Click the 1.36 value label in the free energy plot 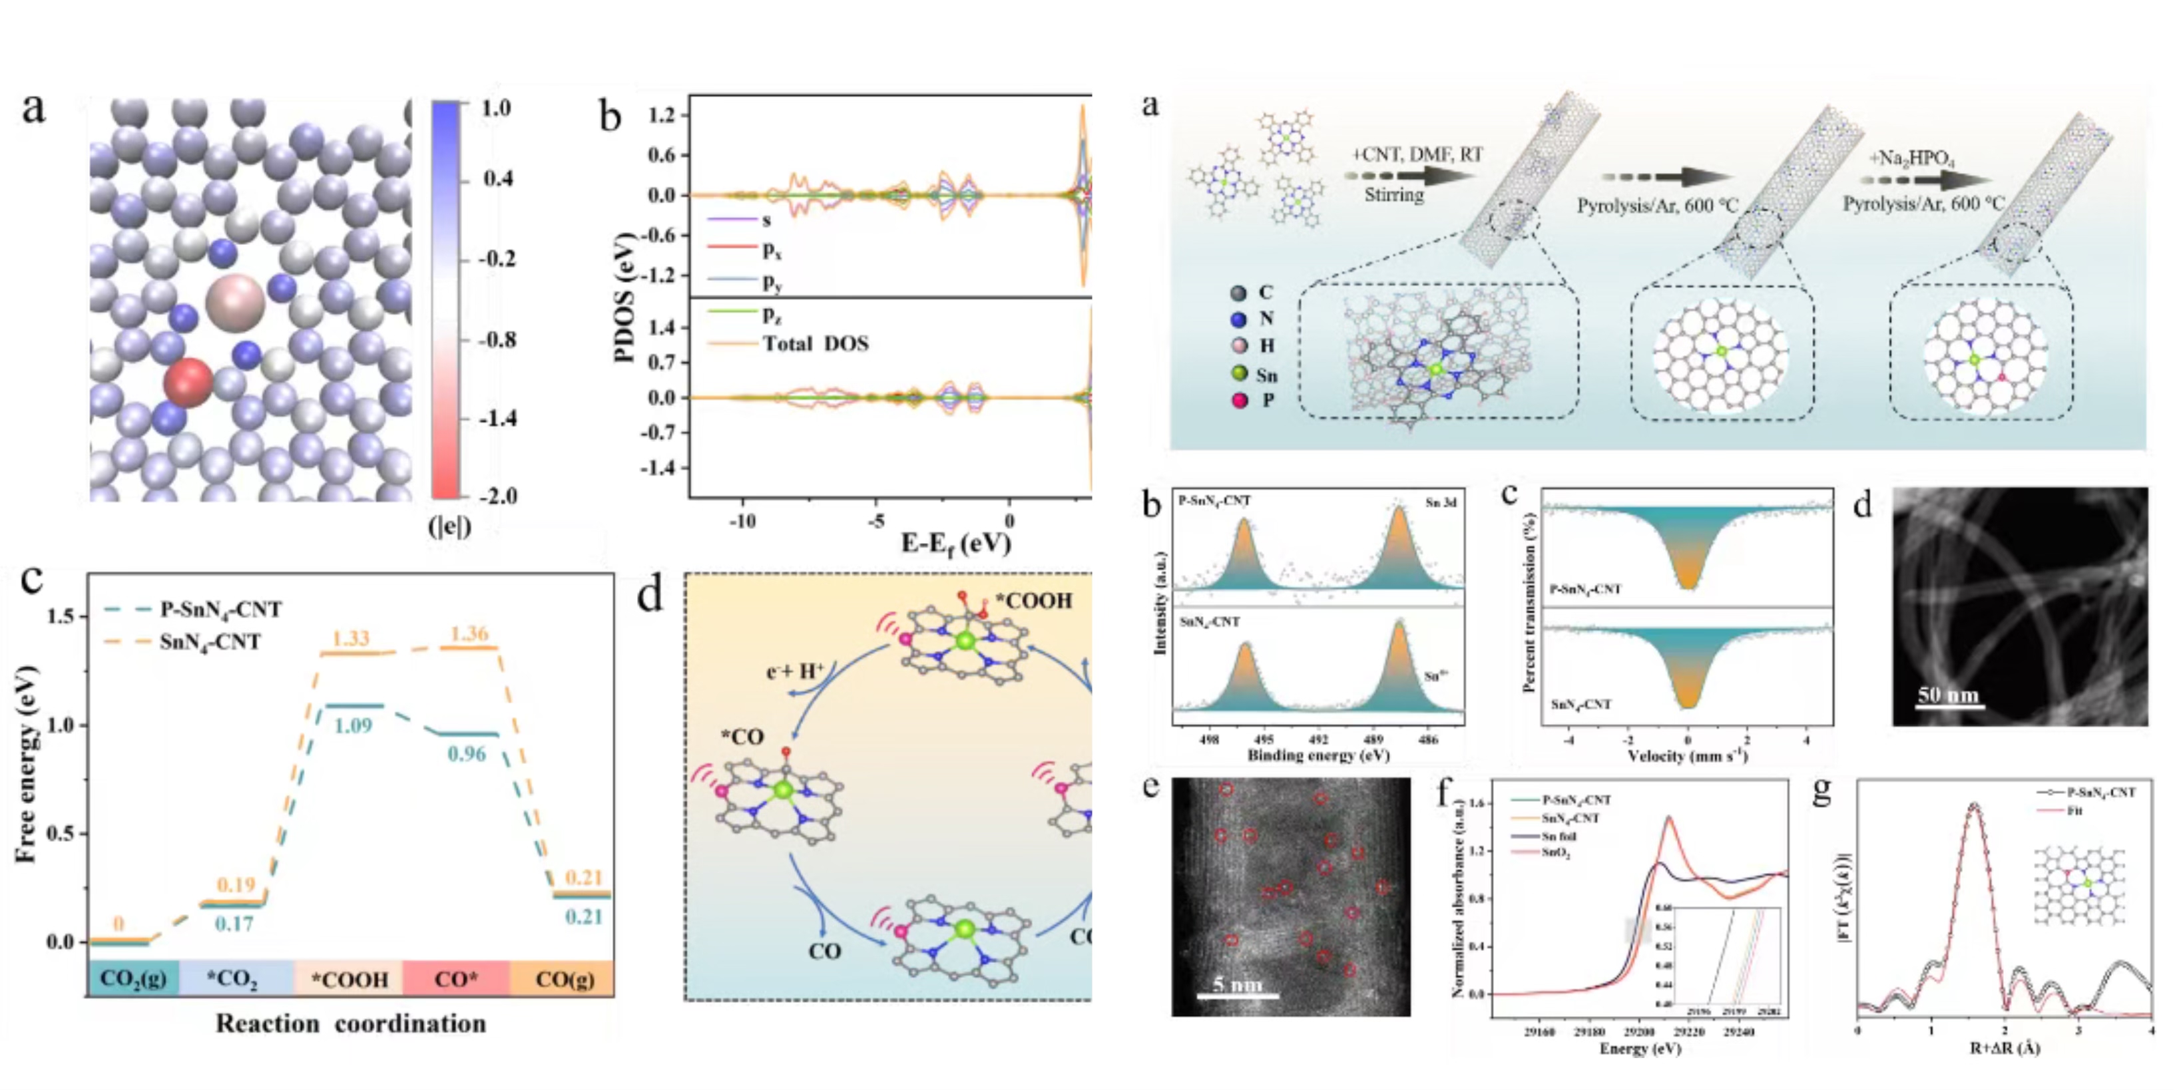469,633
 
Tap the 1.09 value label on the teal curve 353,725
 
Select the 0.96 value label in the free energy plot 467,753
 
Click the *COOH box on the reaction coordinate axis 349,979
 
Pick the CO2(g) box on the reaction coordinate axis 133,979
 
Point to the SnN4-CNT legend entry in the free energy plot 210,642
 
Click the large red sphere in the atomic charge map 188,383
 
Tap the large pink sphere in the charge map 234,301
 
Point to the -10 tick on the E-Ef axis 742,521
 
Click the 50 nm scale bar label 1947,695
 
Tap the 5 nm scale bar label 1237,984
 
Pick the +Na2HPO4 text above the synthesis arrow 1911,158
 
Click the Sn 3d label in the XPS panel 1440,502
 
